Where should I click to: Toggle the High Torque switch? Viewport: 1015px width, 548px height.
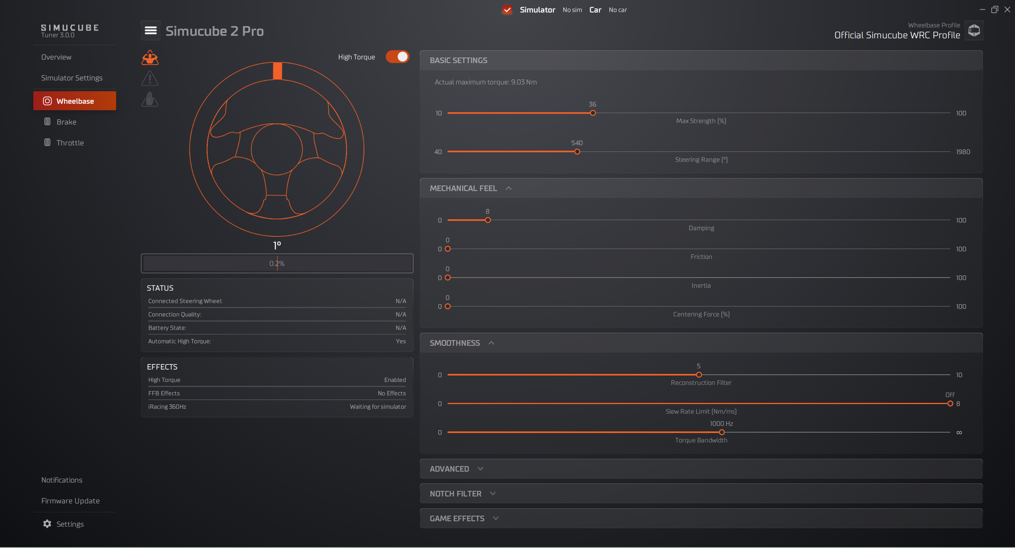pos(397,57)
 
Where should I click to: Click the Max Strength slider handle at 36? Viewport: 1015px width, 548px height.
pos(593,113)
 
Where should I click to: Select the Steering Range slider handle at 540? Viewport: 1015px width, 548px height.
pos(577,152)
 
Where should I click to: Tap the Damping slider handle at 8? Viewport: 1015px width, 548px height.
pos(488,220)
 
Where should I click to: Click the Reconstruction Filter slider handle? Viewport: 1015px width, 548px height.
pos(699,375)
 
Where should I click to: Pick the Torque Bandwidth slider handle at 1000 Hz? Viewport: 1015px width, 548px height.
pos(722,433)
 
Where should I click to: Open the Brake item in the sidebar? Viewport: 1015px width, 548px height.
pos(66,122)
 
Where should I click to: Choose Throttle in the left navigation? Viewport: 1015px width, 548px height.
pos(70,143)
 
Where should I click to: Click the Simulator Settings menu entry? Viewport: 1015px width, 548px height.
pos(72,78)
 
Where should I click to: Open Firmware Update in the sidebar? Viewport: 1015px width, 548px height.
pos(71,501)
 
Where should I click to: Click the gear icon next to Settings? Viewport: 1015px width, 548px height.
pos(47,524)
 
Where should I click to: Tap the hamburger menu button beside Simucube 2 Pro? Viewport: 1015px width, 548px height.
pos(151,31)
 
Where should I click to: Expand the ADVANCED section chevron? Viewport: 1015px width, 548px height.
pos(481,469)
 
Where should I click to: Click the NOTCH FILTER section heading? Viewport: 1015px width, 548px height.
pos(456,494)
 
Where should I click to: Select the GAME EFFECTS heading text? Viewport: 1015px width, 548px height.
pos(457,519)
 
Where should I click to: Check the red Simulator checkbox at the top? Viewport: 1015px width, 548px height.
pos(507,10)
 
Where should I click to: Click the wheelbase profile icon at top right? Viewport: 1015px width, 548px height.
pos(974,31)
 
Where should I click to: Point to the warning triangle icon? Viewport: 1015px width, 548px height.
pos(150,79)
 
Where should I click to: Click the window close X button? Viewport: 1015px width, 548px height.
pos(1007,10)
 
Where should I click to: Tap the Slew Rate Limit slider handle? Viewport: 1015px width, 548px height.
pos(950,404)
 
